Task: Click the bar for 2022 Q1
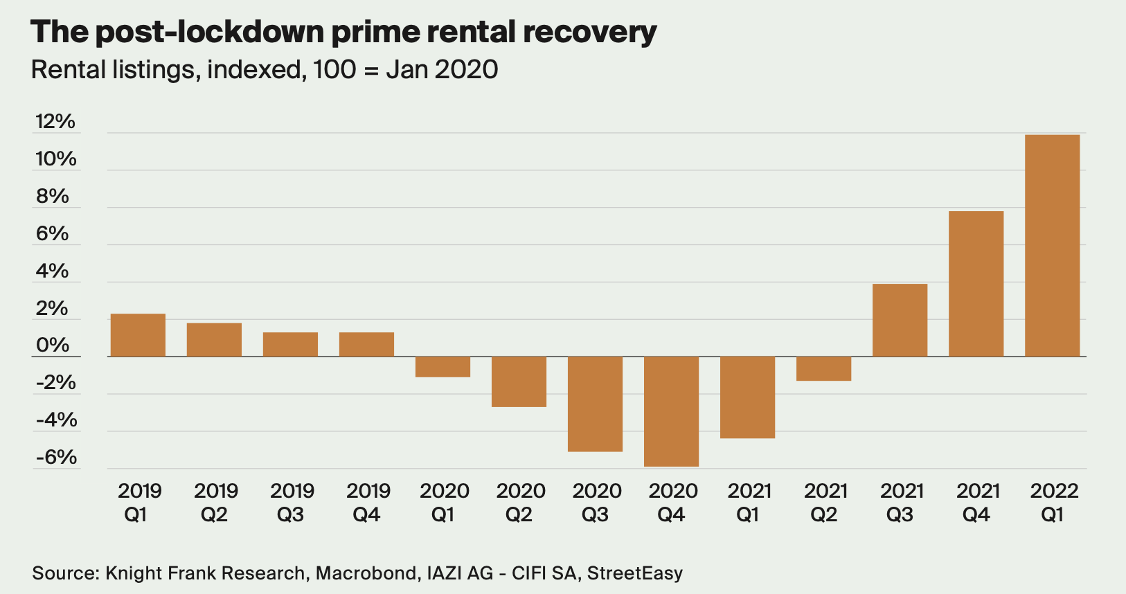[1052, 246]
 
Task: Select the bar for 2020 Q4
[671, 411]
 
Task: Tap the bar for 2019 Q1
[138, 336]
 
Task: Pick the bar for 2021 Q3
[900, 321]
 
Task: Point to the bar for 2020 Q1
[443, 367]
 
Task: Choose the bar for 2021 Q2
[823, 369]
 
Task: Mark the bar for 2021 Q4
[976, 284]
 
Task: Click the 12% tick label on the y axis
[55, 122]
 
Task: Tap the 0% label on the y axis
[53, 345]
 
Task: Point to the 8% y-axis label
[53, 197]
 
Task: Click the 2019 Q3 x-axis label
[292, 503]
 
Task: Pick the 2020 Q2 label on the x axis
[521, 503]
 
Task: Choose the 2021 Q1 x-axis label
[749, 503]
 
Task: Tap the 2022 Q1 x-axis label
[1054, 503]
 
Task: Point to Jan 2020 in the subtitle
[442, 70]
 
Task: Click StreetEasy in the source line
[635, 573]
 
